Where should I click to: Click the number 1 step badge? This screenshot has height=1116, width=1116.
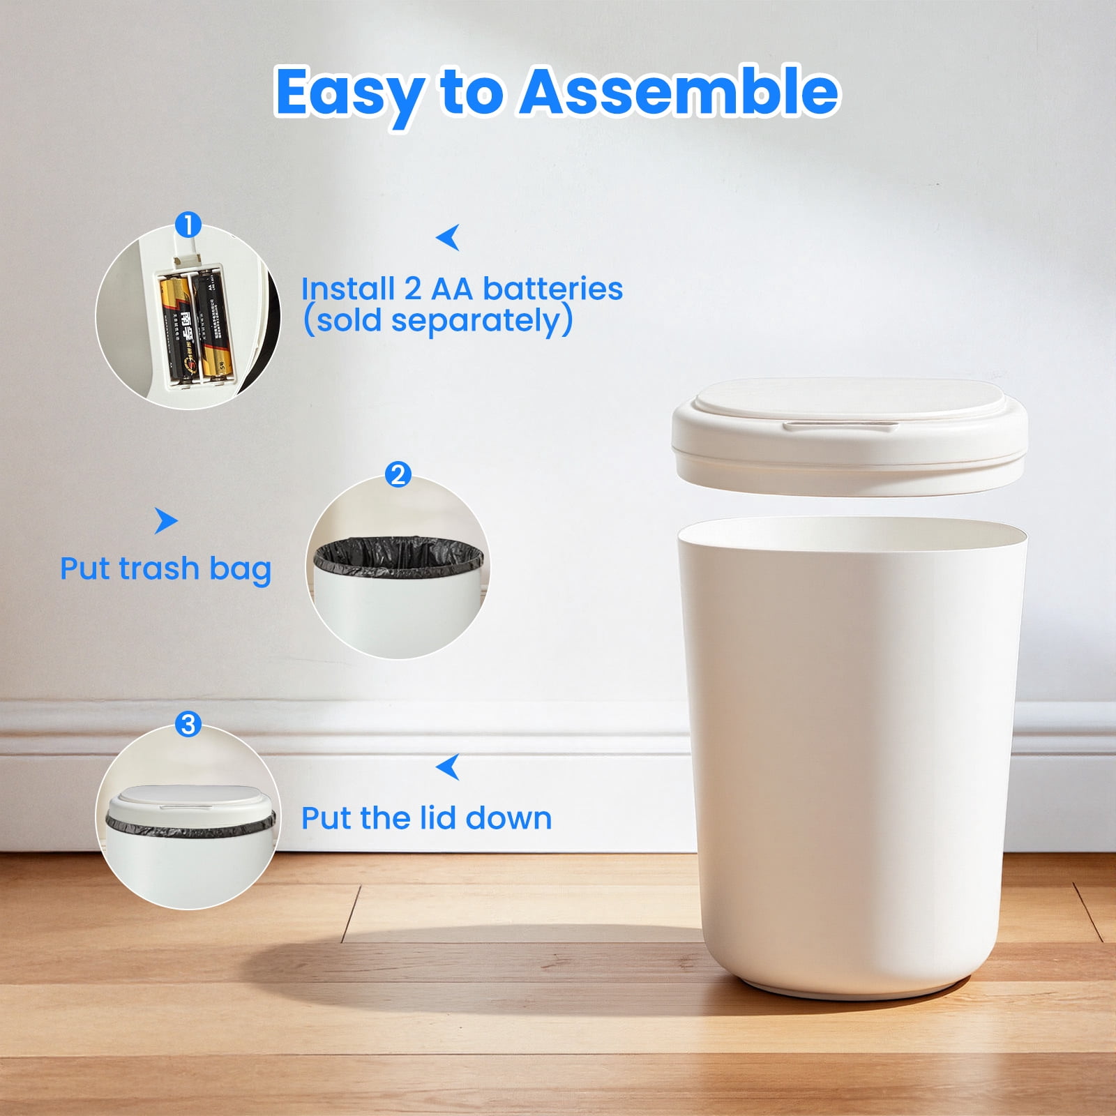[188, 225]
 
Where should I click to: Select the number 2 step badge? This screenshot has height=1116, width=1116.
[398, 474]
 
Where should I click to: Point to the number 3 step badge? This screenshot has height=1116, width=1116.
[188, 724]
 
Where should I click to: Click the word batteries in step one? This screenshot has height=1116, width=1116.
[552, 289]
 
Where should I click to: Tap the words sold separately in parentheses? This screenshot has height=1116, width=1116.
[438, 321]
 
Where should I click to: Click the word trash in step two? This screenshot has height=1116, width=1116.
[159, 568]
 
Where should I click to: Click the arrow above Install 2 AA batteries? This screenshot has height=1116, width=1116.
[448, 237]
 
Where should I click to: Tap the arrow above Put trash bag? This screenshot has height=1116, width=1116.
[166, 520]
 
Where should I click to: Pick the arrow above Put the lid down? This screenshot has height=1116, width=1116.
[448, 767]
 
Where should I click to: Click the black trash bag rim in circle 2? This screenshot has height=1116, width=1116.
[398, 556]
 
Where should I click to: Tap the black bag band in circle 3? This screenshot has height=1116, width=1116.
[190, 824]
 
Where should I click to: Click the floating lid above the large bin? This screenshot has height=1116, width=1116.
[850, 436]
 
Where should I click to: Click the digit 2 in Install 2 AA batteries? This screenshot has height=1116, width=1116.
[412, 289]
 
